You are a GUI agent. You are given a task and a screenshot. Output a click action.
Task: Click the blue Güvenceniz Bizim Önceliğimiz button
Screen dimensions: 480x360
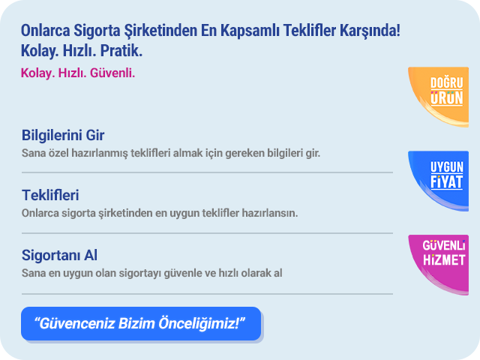[141, 323]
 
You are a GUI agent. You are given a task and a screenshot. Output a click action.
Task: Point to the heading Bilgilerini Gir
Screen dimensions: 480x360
[63, 135]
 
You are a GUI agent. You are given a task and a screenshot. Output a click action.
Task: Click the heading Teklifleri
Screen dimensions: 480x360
[50, 195]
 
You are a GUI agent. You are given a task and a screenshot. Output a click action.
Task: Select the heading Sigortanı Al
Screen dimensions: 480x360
[59, 255]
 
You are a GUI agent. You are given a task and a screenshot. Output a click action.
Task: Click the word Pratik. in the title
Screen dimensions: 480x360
[121, 50]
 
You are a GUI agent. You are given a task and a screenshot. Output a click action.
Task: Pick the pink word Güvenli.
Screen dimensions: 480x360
[112, 73]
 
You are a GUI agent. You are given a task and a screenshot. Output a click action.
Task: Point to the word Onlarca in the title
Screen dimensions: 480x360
[45, 31]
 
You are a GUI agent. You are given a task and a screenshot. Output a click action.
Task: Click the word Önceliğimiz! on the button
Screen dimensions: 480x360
[199, 323]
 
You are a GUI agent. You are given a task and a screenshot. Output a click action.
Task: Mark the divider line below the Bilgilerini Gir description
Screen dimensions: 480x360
[207, 172]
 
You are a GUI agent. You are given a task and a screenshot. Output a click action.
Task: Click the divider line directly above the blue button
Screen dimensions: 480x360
[207, 294]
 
